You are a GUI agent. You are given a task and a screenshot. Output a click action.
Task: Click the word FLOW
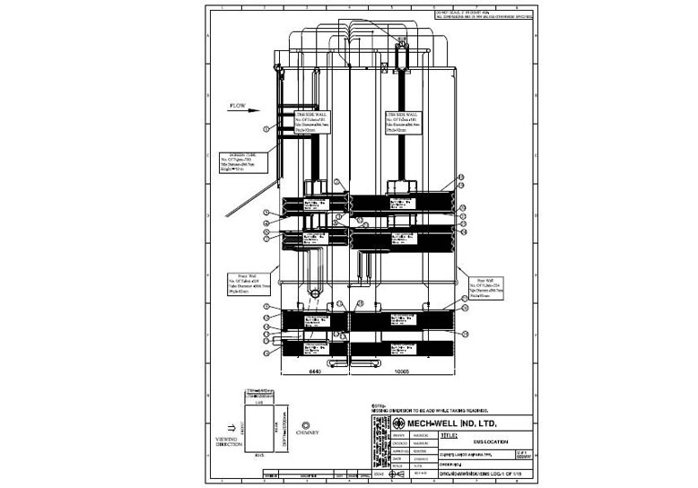pyautogui.click(x=238, y=106)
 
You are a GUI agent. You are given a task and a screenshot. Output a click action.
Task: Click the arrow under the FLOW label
pyautogui.click(x=237, y=115)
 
